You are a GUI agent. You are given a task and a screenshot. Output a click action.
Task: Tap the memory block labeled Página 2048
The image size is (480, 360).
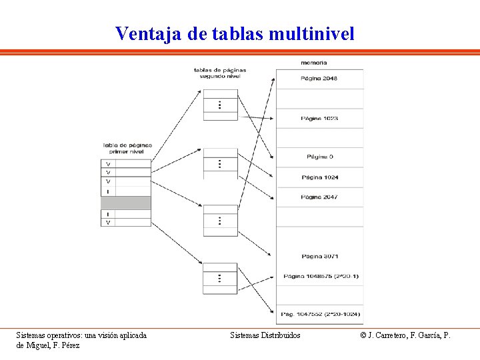click(320, 79)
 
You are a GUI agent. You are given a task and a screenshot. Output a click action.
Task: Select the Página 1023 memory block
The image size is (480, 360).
click(320, 118)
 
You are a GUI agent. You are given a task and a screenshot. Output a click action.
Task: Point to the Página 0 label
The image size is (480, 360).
click(320, 157)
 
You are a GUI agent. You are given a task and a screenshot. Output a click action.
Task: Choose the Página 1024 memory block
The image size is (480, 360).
click(320, 177)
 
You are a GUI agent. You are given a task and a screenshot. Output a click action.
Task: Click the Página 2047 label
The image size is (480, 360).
click(320, 197)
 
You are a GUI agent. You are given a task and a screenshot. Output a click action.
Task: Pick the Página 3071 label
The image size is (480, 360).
click(320, 256)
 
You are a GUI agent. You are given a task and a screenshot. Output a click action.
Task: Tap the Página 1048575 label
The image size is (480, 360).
click(320, 275)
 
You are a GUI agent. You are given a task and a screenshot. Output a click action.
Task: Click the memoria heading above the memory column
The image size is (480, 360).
click(313, 63)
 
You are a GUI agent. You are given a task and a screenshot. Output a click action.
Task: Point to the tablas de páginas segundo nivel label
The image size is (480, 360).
click(220, 73)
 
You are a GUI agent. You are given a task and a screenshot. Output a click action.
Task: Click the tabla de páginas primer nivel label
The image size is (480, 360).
click(127, 148)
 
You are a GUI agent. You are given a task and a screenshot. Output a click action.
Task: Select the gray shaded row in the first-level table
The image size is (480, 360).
click(126, 203)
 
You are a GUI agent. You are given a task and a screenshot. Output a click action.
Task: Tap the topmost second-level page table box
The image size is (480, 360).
click(220, 105)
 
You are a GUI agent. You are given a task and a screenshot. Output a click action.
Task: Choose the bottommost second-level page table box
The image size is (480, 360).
click(220, 278)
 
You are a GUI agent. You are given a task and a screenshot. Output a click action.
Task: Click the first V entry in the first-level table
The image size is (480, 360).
click(109, 163)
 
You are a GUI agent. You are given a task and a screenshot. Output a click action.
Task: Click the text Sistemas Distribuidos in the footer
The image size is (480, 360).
click(265, 335)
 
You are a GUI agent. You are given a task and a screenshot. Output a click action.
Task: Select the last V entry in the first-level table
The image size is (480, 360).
click(109, 222)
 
